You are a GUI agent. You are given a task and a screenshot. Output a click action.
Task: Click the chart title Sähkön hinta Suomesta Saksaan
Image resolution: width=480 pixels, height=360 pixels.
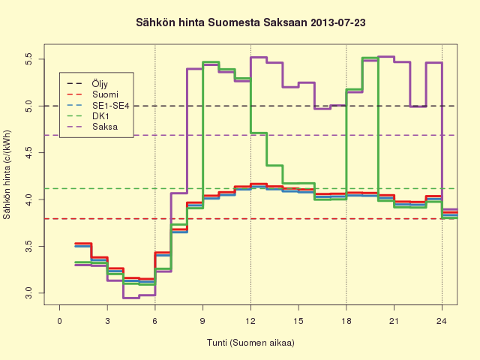pyautogui.click(x=222, y=22)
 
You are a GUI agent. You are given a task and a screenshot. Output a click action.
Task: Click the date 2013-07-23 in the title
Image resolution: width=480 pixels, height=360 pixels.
pyautogui.click(x=338, y=22)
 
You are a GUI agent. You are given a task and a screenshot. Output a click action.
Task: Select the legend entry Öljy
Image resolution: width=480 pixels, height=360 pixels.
pyautogui.click(x=100, y=83)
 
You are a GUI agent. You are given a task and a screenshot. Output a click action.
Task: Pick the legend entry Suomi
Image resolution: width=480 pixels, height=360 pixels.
pyautogui.click(x=105, y=94)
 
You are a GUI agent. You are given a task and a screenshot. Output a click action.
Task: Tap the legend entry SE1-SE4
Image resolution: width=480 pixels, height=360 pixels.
pyautogui.click(x=111, y=106)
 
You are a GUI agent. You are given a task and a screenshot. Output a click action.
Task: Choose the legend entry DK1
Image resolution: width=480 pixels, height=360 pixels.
pyautogui.click(x=100, y=116)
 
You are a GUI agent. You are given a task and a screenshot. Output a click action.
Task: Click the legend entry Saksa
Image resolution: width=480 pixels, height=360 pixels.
pyautogui.click(x=105, y=127)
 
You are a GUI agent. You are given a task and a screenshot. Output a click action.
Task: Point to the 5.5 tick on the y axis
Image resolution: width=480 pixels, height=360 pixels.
pyautogui.click(x=28, y=59)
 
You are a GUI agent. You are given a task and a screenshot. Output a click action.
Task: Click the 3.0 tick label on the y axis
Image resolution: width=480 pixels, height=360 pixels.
pyautogui.click(x=28, y=293)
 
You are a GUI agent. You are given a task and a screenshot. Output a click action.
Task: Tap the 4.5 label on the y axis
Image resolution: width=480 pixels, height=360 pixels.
pyautogui.click(x=28, y=153)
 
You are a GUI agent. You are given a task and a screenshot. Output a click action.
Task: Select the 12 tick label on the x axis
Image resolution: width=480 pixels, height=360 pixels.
pyautogui.click(x=250, y=321)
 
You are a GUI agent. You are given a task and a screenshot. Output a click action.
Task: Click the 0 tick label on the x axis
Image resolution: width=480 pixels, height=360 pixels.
pyautogui.click(x=60, y=321)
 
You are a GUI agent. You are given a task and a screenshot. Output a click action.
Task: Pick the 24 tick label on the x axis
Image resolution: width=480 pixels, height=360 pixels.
pyautogui.click(x=442, y=321)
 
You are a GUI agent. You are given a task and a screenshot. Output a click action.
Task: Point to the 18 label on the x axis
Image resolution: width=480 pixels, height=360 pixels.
pyautogui.click(x=346, y=321)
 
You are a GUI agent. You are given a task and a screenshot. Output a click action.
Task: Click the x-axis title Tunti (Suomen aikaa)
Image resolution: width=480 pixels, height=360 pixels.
pyautogui.click(x=250, y=343)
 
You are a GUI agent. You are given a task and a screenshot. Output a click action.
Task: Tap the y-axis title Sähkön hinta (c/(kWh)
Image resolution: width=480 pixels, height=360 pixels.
pyautogui.click(x=7, y=175)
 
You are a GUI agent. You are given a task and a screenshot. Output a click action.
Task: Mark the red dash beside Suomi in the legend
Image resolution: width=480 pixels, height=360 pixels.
pyautogui.click(x=74, y=94)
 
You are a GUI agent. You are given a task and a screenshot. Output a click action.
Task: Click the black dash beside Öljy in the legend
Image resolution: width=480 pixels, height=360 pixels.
pyautogui.click(x=74, y=83)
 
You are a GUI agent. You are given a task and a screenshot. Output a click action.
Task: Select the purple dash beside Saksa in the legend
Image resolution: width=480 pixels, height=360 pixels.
pyautogui.click(x=74, y=127)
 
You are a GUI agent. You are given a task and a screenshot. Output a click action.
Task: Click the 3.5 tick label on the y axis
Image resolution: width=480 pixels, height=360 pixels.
pyautogui.click(x=28, y=247)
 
